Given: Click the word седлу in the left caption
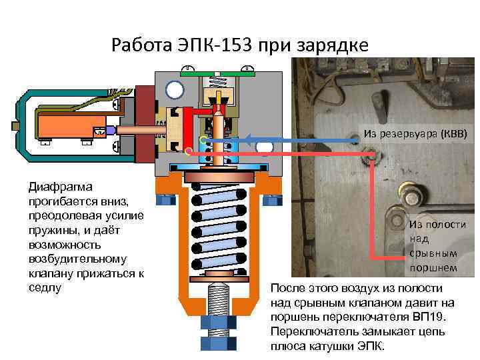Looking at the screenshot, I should tap(44, 287).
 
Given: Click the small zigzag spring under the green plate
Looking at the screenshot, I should tap(218, 79).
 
